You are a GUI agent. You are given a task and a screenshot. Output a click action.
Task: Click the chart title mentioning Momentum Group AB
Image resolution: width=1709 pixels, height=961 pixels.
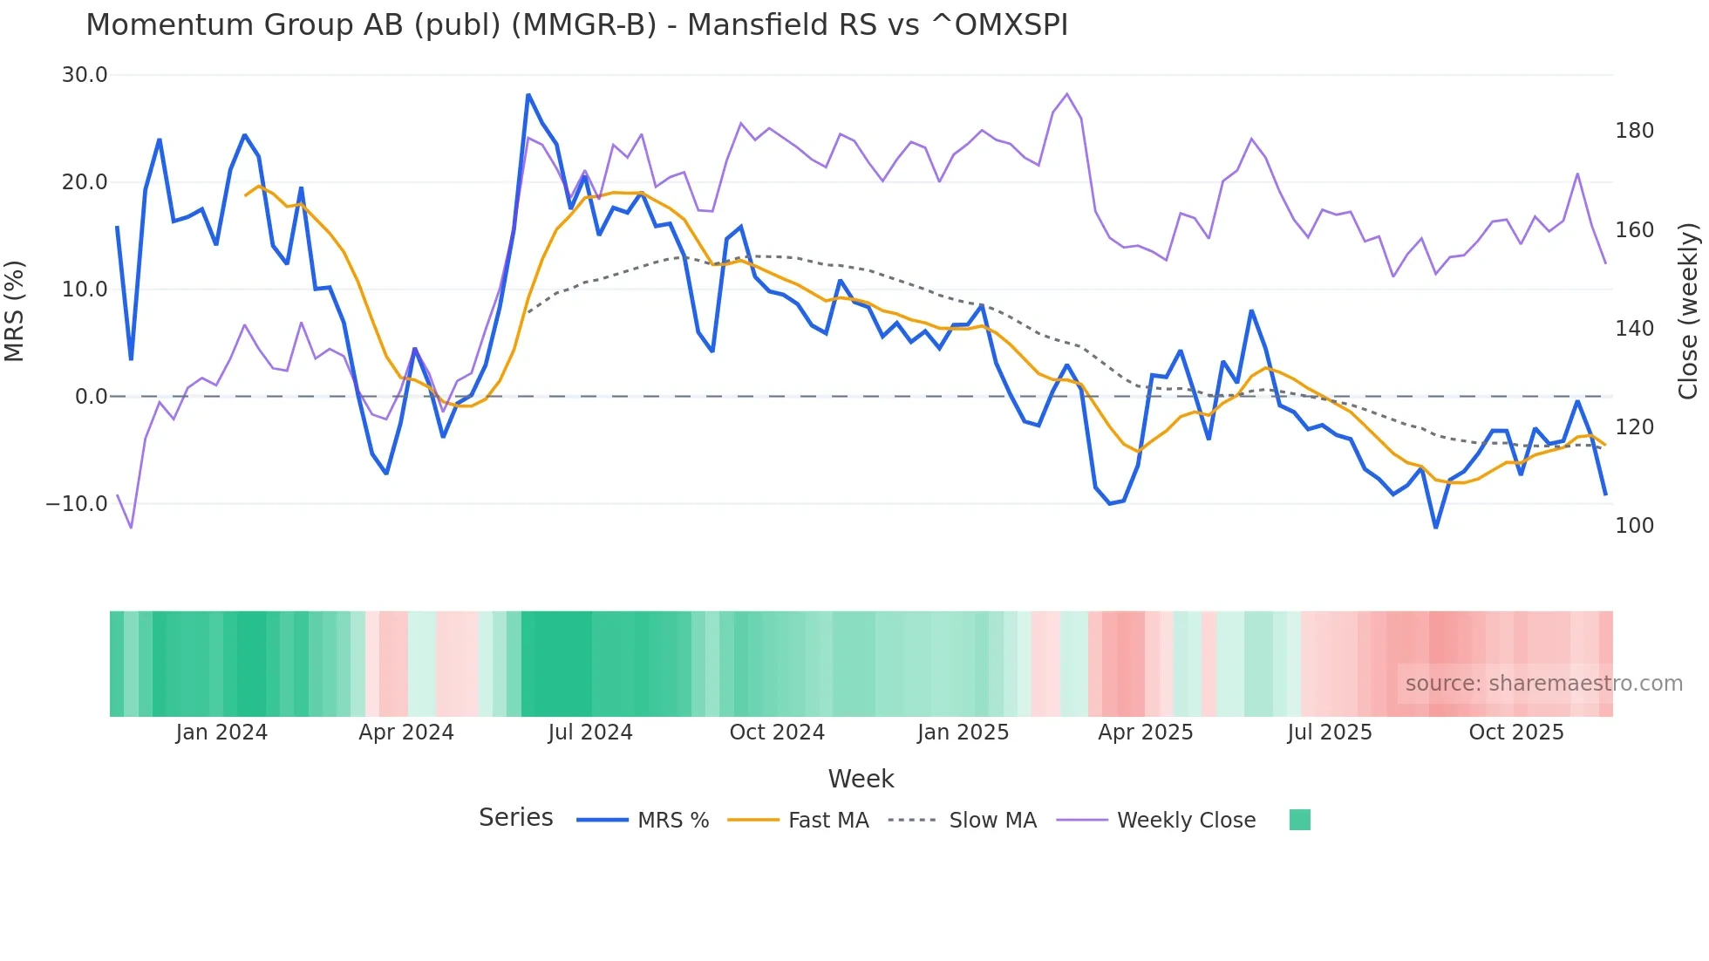tap(576, 25)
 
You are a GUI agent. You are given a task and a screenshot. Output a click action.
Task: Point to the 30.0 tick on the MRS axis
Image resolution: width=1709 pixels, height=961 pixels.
tap(85, 75)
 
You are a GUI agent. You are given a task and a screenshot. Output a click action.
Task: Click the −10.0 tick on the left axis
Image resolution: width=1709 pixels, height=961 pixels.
tap(77, 504)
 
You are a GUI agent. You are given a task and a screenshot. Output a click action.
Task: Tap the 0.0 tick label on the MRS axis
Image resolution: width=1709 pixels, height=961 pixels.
tap(91, 397)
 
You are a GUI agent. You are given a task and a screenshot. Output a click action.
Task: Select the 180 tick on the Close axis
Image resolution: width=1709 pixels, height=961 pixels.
tap(1634, 131)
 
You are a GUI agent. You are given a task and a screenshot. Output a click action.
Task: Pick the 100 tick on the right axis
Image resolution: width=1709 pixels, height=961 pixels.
tap(1634, 526)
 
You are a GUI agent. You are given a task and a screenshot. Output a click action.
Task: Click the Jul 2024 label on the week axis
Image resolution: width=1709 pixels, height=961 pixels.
tap(590, 733)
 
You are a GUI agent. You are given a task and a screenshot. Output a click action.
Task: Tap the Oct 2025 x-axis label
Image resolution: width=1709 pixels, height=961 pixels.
tap(1516, 733)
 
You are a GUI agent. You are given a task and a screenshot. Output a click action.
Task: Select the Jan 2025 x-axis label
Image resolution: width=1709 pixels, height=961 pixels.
tap(963, 733)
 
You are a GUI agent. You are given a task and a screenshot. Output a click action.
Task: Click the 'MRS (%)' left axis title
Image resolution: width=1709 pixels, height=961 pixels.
tap(15, 310)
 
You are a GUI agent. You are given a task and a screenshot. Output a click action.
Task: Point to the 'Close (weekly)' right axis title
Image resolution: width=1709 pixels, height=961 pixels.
tap(1688, 310)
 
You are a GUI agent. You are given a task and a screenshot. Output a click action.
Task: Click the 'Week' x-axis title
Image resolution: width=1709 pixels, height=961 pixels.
tap(861, 779)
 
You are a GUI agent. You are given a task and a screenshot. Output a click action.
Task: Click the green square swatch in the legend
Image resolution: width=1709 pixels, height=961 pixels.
tap(1299, 820)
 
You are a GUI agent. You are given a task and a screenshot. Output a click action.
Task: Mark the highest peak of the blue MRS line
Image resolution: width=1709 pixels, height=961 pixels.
tap(528, 94)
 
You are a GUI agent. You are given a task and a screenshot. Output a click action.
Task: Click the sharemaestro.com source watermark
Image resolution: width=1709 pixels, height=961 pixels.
tap(1543, 684)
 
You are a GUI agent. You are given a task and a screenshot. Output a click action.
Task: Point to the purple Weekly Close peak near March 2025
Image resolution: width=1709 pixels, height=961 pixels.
tap(1067, 94)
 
